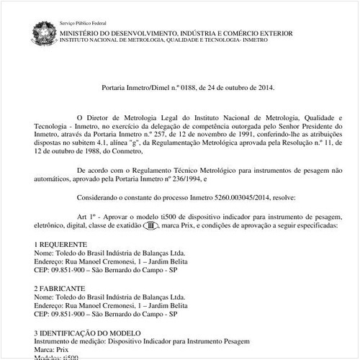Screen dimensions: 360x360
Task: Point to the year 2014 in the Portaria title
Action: [x=260, y=92]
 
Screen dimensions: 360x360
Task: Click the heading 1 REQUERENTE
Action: [x=60, y=245]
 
